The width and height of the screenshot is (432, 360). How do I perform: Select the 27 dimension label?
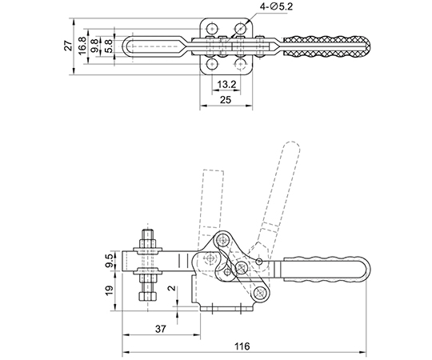pyautogui.click(x=68, y=46)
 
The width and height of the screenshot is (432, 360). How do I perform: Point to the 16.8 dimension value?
pyautogui.click(x=82, y=46)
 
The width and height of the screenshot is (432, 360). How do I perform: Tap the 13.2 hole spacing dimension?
pyautogui.click(x=226, y=85)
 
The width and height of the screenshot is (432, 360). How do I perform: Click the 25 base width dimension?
pyautogui.click(x=226, y=100)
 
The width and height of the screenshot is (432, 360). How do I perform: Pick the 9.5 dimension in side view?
pyautogui.click(x=109, y=261)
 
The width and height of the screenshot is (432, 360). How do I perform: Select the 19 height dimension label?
pyautogui.click(x=109, y=291)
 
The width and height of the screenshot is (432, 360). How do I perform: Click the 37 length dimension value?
pyautogui.click(x=161, y=329)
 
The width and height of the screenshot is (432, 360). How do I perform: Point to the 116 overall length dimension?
pyautogui.click(x=242, y=346)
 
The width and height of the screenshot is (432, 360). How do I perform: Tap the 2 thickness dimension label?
pyautogui.click(x=172, y=288)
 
